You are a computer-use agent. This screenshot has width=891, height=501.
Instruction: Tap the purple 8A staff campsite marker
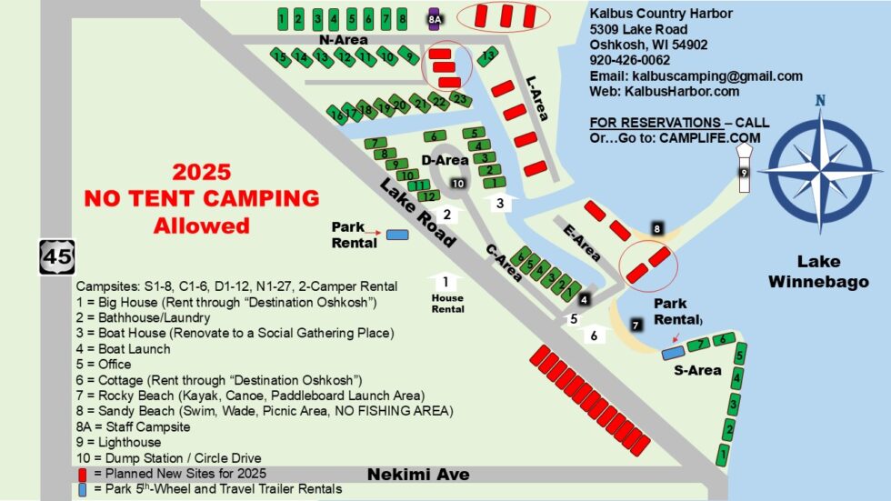(435, 17)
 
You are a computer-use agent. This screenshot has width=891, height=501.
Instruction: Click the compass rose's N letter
(821, 101)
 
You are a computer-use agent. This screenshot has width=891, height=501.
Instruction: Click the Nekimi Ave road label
(418, 475)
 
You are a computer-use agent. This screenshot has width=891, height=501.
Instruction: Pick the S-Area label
(697, 370)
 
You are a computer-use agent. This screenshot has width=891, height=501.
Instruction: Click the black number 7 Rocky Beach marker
(636, 324)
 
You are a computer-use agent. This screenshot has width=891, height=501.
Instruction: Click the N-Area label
(343, 40)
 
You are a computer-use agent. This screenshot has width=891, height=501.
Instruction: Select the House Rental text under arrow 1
(446, 303)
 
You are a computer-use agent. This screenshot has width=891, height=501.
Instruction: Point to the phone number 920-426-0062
(630, 60)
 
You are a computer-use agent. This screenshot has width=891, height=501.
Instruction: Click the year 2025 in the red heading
(202, 172)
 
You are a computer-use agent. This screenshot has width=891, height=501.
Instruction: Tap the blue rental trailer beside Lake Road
(396, 235)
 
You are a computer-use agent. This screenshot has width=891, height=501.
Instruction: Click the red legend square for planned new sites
(83, 474)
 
